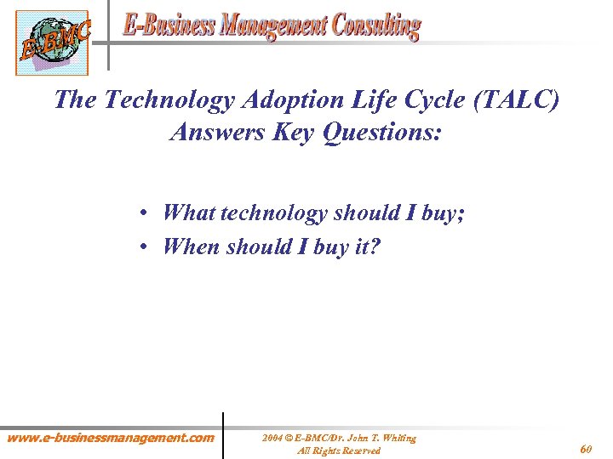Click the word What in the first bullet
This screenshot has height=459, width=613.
point(188,212)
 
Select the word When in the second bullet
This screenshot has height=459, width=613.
point(191,246)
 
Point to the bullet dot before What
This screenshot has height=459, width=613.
point(147,213)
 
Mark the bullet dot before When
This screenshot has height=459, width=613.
point(147,247)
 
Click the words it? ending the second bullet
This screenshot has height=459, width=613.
point(365,246)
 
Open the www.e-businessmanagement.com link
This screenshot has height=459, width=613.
point(110,438)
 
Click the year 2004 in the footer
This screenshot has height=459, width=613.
point(272,438)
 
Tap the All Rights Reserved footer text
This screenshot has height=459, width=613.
point(338,450)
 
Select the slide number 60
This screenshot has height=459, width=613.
point(587,448)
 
